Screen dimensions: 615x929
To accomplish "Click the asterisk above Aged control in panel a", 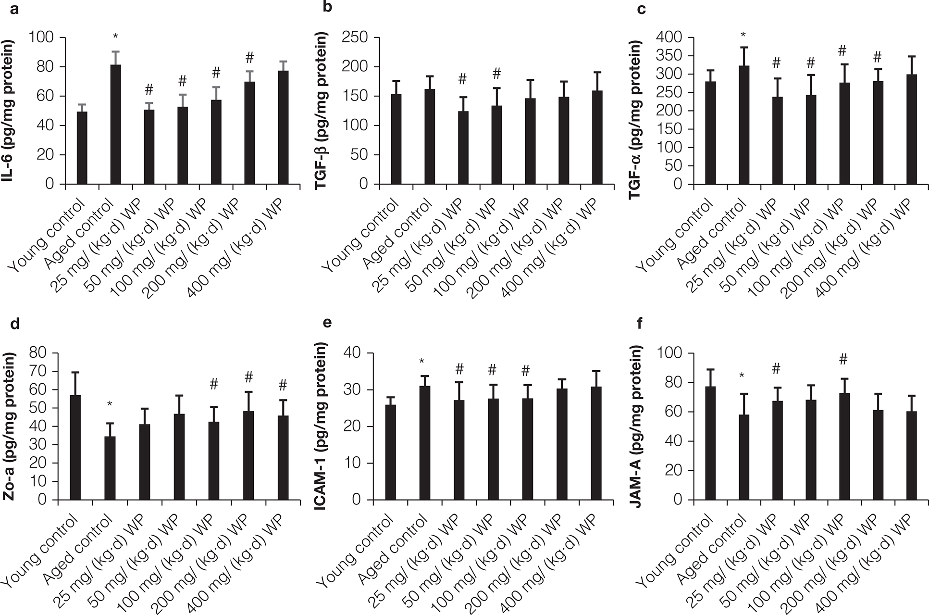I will (x=115, y=37).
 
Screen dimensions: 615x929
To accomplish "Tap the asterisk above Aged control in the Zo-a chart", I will (x=110, y=404).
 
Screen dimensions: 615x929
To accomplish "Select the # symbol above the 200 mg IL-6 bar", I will (x=249, y=58).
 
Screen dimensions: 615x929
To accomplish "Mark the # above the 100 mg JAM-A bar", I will (x=842, y=359).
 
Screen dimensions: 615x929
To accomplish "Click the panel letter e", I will (x=328, y=323).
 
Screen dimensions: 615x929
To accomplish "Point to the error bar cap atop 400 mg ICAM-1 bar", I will (x=596, y=371).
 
